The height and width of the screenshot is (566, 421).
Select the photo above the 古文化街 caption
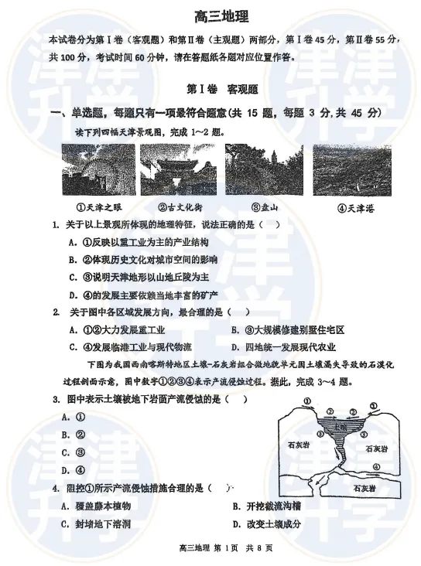click(x=178, y=169)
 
